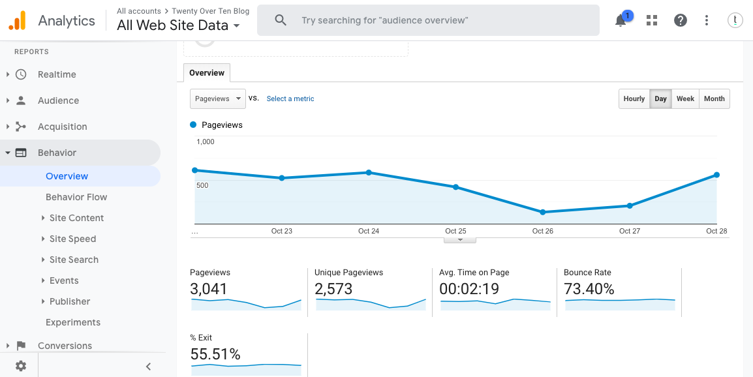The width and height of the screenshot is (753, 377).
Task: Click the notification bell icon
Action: point(621,21)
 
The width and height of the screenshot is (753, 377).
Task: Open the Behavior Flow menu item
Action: point(76,197)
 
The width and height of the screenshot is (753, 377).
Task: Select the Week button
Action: point(685,98)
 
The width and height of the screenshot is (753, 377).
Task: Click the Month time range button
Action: point(714,98)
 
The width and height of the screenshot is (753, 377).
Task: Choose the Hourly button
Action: point(634,98)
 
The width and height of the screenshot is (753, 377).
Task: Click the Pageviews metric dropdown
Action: point(217,98)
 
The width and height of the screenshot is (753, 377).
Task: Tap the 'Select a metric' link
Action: point(290,98)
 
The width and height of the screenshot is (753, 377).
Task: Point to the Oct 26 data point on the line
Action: point(542,212)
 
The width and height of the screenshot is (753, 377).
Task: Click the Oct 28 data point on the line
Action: point(716,175)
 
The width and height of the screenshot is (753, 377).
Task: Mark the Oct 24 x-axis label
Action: point(369,231)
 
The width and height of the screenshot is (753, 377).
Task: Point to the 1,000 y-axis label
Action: point(206,142)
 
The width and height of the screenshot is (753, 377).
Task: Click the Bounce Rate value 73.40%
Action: point(589,289)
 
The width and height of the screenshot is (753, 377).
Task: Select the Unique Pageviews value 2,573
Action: point(333,289)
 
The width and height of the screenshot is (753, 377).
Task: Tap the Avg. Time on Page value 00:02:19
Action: point(469,289)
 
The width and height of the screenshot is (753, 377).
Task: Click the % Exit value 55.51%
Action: point(215,354)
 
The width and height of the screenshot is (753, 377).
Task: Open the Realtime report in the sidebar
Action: point(57,74)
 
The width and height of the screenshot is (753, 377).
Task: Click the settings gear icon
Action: point(21,366)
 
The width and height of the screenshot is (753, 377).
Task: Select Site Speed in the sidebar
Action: point(72,239)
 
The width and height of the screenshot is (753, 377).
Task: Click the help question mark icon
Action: point(681,20)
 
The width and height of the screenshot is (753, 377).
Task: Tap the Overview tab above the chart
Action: point(207,73)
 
